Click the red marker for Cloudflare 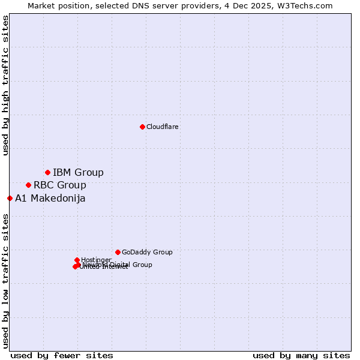pos(142,127)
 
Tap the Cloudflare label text pos(162,127)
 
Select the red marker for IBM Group pos(47,173)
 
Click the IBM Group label pos(78,173)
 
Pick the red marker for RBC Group pos(28,185)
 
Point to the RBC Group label pos(59,185)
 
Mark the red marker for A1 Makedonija pos(10,198)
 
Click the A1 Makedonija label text pos(50,199)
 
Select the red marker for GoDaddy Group pos(118,252)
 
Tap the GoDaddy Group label pos(146,253)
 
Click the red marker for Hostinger pos(77,260)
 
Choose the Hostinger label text pos(96,260)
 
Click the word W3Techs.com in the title pos(307,5)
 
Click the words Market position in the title pos(56,5)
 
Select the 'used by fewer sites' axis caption pos(62,355)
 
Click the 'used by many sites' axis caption pos(301,355)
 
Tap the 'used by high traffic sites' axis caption pos(5,85)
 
